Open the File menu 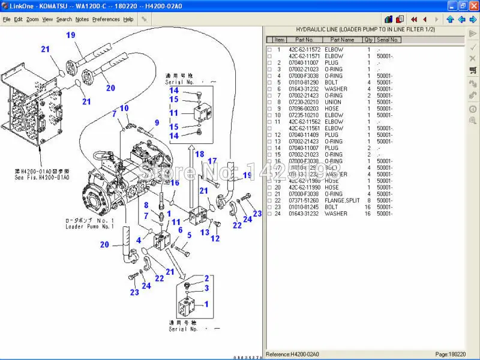pyautogui.click(x=7, y=19)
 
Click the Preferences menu pyautogui.click(x=106, y=19)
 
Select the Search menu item pyautogui.click(x=64, y=19)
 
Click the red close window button pyautogui.click(x=473, y=5)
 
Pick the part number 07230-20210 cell pyautogui.click(x=304, y=102)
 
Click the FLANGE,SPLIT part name pyautogui.click(x=343, y=200)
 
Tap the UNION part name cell pyautogui.click(x=334, y=102)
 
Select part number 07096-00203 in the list pyautogui.click(x=304, y=109)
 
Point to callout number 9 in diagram pyautogui.click(x=157, y=123)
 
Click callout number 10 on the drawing pyautogui.click(x=124, y=108)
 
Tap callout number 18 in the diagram pyautogui.click(x=199, y=154)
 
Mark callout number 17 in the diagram pyautogui.click(x=212, y=161)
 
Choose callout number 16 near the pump pyautogui.click(x=175, y=183)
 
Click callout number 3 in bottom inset pyautogui.click(x=206, y=288)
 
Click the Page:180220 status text pyautogui.click(x=449, y=355)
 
